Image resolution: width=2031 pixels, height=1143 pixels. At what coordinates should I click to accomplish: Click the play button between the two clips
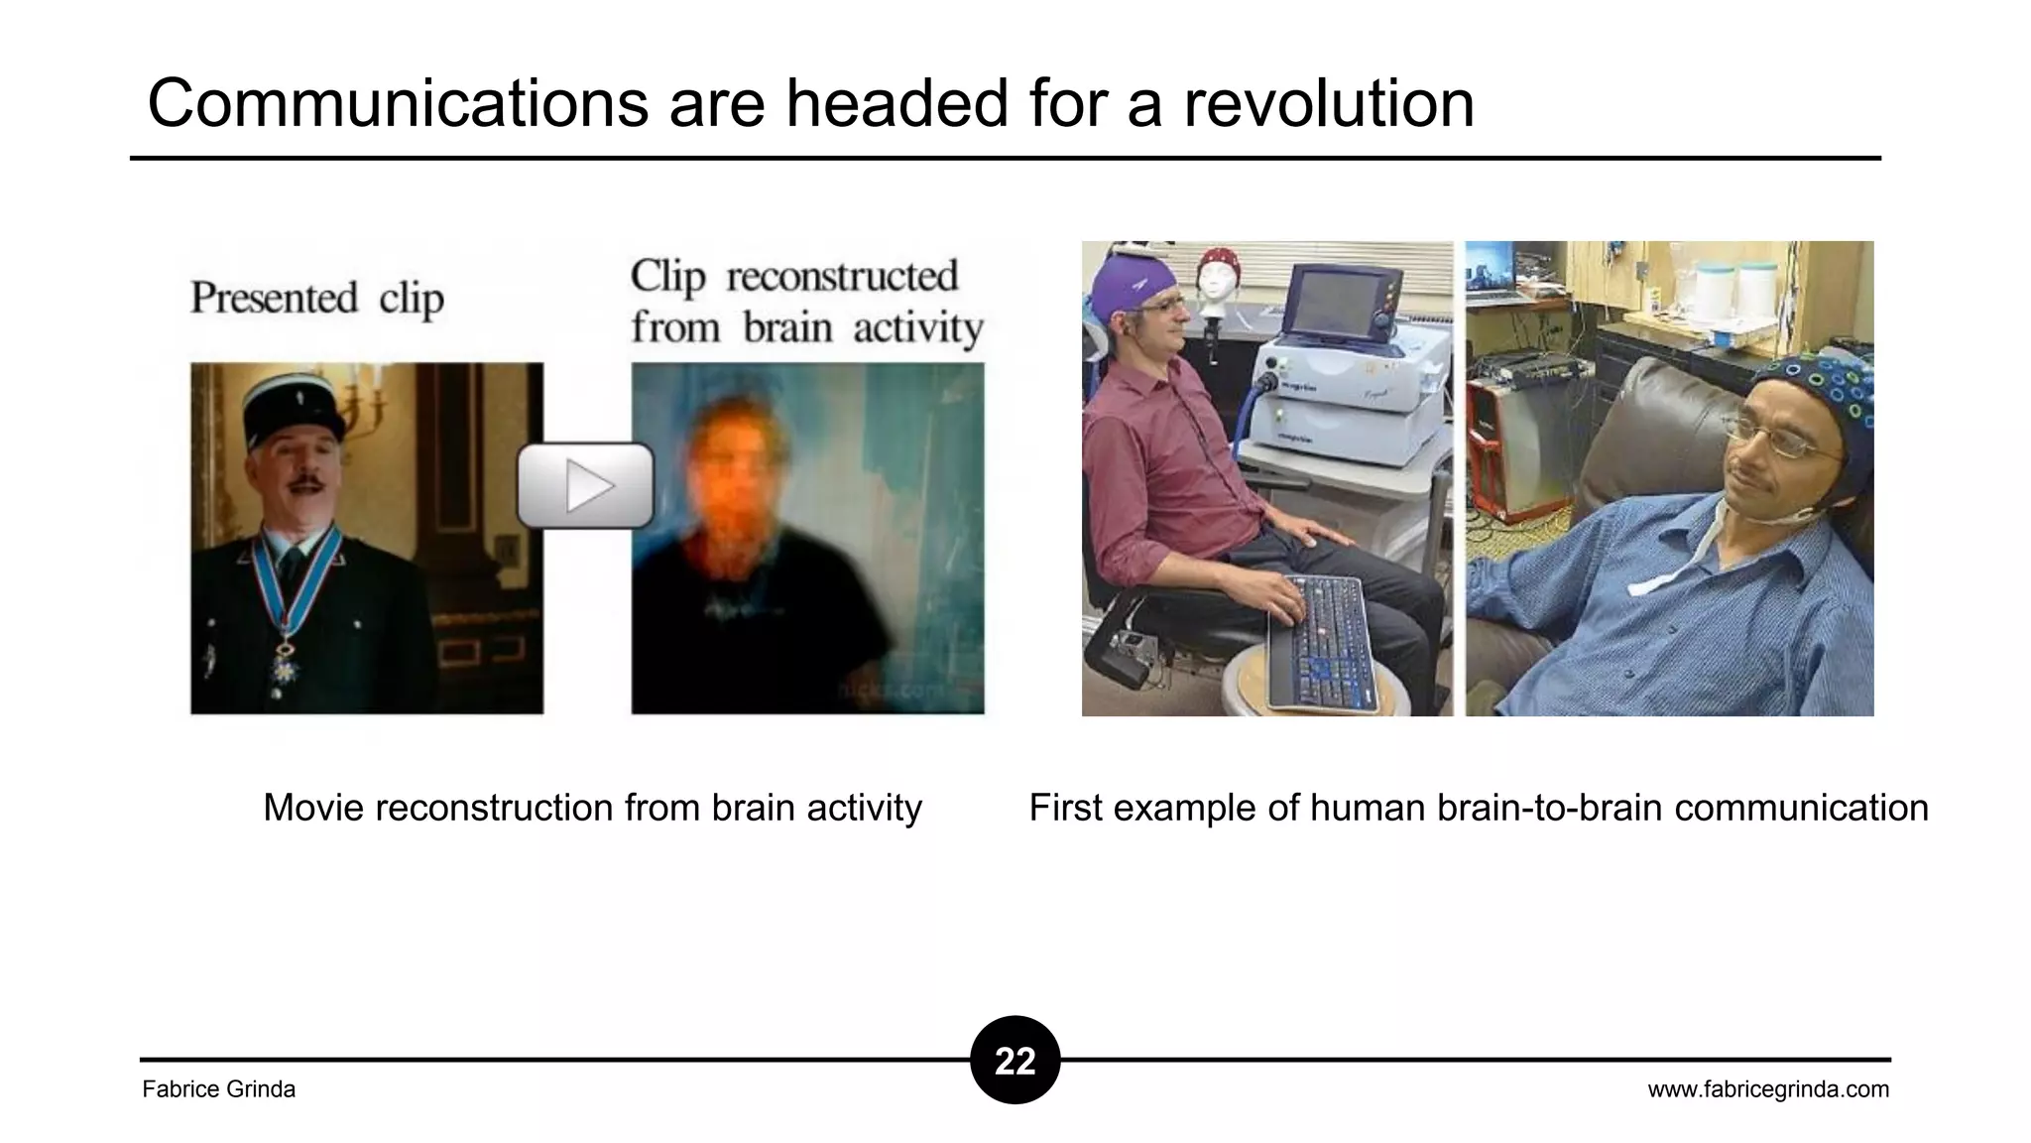click(x=585, y=485)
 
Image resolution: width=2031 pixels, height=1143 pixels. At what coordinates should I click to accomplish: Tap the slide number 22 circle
click(x=1015, y=1061)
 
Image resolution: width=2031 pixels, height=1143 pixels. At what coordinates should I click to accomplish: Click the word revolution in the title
click(x=1329, y=103)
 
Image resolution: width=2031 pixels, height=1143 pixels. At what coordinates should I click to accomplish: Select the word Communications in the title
click(x=397, y=103)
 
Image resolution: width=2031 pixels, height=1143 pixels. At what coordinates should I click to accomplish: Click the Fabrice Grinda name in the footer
click(x=219, y=1089)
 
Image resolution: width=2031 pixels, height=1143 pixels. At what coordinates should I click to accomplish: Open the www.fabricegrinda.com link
click(x=1768, y=1089)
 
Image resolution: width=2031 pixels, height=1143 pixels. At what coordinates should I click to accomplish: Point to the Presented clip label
click(x=316, y=298)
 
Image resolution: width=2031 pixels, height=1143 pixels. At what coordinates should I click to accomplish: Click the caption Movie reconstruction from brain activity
click(x=592, y=808)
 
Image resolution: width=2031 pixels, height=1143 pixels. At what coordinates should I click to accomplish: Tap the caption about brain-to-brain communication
click(x=1478, y=808)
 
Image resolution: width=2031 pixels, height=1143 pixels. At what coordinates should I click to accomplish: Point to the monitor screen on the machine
click(x=1335, y=303)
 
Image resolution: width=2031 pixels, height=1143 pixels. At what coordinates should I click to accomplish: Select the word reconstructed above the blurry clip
click(x=842, y=277)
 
